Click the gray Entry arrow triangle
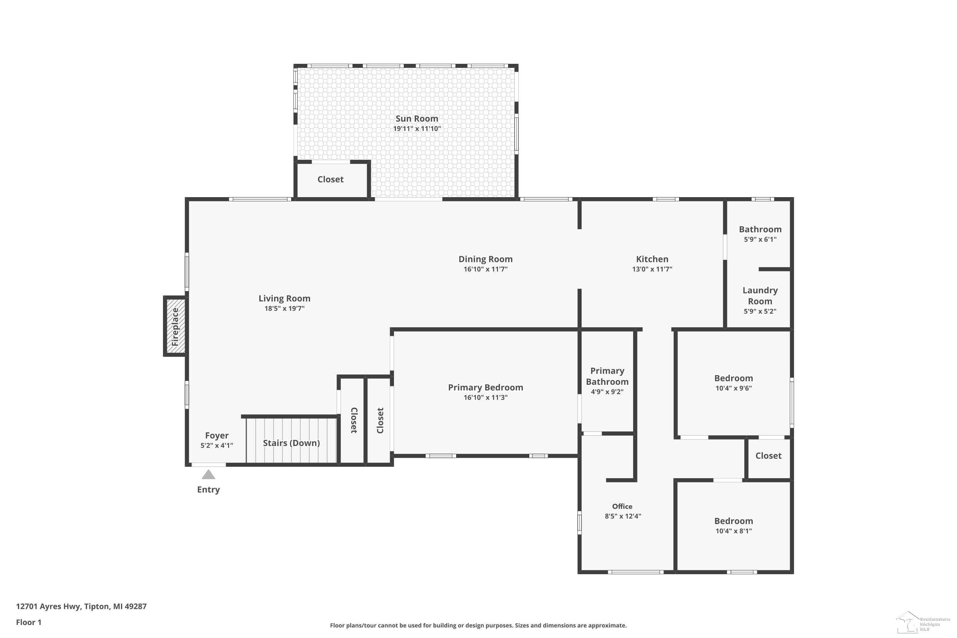click(208, 474)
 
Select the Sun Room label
click(417, 118)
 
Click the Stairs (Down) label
click(291, 443)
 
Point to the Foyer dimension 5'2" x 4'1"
click(217, 446)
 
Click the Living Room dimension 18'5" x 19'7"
click(285, 308)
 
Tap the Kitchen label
click(652, 259)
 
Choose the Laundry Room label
click(760, 296)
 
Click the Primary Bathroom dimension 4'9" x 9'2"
click(607, 392)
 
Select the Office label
click(622, 506)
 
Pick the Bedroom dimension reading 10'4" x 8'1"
click(734, 531)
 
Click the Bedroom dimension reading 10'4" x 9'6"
click(734, 388)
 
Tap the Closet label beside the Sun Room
click(330, 179)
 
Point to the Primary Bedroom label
click(486, 387)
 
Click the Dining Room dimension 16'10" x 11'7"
click(486, 269)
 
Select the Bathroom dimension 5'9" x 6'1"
click(760, 239)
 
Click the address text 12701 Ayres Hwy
click(49, 607)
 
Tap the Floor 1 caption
click(28, 622)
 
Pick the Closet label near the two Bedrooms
click(768, 456)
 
